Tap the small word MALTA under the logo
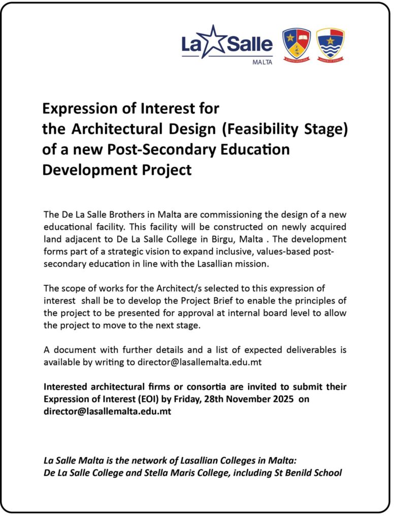[x=262, y=62]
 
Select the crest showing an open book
[x=297, y=44]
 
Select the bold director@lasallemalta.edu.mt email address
[x=107, y=411]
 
